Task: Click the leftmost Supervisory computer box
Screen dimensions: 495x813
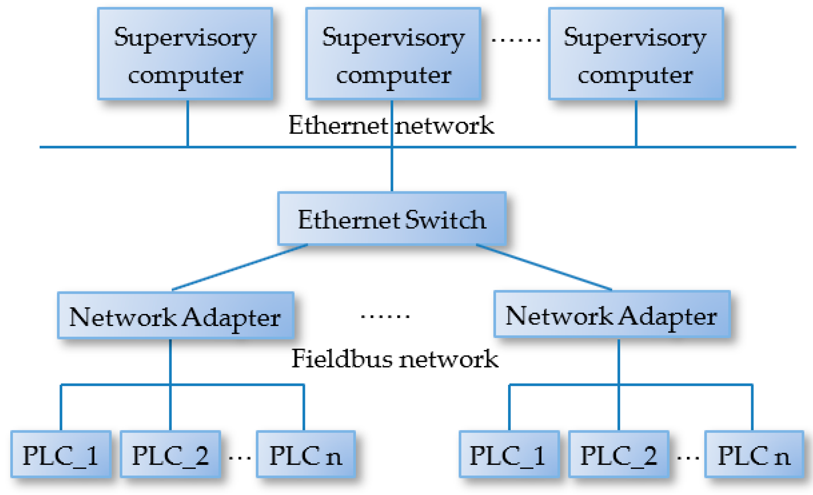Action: tap(185, 54)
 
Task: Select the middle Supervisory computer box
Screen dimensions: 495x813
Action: tap(393, 54)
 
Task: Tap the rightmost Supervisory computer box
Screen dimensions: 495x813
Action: tap(636, 54)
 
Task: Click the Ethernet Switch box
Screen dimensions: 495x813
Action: tap(392, 219)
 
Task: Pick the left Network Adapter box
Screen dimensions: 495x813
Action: tap(176, 315)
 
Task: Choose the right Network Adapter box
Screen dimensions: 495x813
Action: tap(612, 314)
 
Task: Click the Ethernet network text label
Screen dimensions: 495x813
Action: tap(391, 125)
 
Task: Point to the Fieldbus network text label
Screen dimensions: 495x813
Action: tap(395, 359)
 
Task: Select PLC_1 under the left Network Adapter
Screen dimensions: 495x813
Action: tap(61, 454)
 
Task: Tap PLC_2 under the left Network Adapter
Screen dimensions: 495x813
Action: tap(170, 454)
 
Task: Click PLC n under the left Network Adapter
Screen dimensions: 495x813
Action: tap(306, 454)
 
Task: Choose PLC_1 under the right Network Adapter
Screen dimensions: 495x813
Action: tap(509, 454)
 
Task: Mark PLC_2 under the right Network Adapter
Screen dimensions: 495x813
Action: tap(618, 454)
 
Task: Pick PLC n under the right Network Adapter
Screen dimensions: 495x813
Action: tap(754, 454)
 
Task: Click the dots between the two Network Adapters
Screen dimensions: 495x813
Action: tap(385, 316)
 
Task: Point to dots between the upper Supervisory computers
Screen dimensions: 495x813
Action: tap(515, 40)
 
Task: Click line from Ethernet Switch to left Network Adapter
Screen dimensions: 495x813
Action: tap(239, 268)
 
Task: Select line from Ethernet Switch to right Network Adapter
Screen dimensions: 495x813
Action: tap(544, 267)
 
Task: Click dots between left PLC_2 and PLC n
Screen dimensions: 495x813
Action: tap(239, 457)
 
